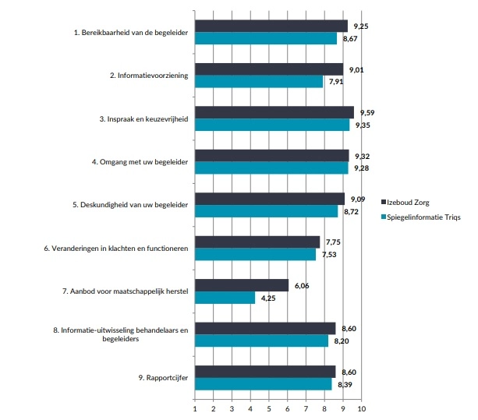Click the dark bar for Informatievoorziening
click(268, 69)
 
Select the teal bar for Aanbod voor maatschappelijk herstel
click(225, 298)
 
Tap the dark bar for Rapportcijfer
click(264, 372)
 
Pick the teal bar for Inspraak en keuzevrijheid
click(271, 125)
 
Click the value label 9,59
click(367, 113)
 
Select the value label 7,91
click(336, 81)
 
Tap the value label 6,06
click(303, 286)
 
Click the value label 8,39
click(344, 383)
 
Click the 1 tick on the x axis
click(194, 408)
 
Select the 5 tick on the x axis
click(269, 408)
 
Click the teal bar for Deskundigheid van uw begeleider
click(266, 211)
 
